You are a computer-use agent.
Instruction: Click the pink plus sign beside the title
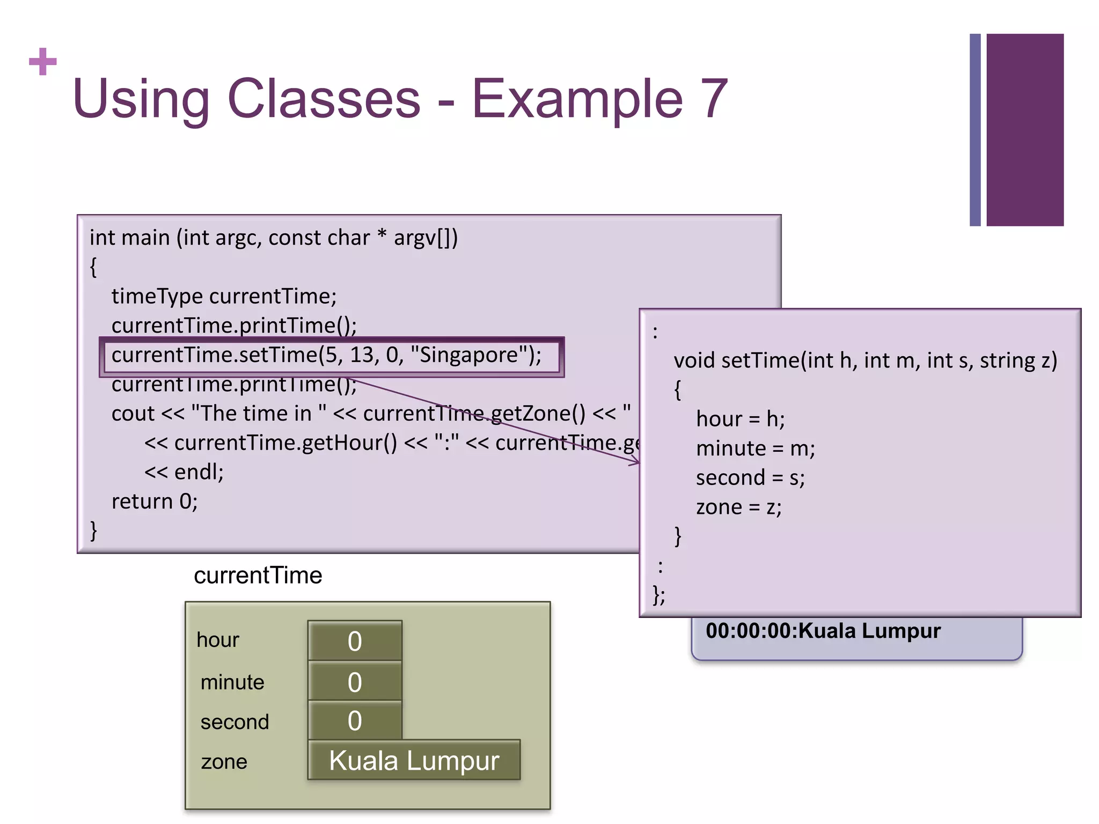(x=43, y=62)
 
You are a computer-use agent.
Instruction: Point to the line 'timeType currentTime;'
(x=224, y=297)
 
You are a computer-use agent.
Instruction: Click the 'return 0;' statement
(x=155, y=502)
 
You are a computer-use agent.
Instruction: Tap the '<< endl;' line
(x=184, y=472)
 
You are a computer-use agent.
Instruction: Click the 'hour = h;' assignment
(x=740, y=419)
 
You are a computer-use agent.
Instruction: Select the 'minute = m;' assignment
(x=755, y=448)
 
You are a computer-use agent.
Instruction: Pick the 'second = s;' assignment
(x=750, y=478)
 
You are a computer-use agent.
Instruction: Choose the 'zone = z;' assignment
(x=738, y=507)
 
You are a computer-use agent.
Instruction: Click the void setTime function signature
(x=865, y=360)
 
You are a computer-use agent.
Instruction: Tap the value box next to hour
(x=355, y=641)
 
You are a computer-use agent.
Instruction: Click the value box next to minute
(x=355, y=682)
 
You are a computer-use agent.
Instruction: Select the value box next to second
(x=355, y=720)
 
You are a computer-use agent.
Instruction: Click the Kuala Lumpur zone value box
(x=414, y=761)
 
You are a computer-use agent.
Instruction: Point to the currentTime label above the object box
(x=258, y=576)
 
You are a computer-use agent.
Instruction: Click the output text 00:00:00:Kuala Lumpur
(x=823, y=631)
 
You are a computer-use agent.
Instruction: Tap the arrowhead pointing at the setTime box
(x=636, y=461)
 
